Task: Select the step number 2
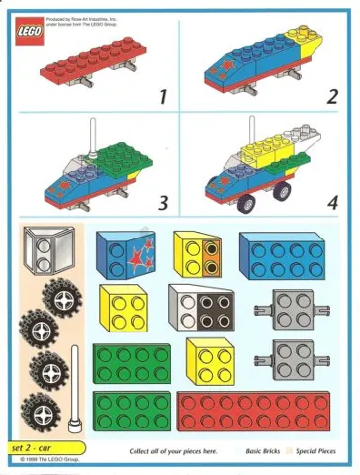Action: click(x=332, y=96)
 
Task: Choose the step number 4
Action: click(x=332, y=204)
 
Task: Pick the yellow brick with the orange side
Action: click(x=199, y=254)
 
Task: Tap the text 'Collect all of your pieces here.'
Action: click(x=173, y=451)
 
